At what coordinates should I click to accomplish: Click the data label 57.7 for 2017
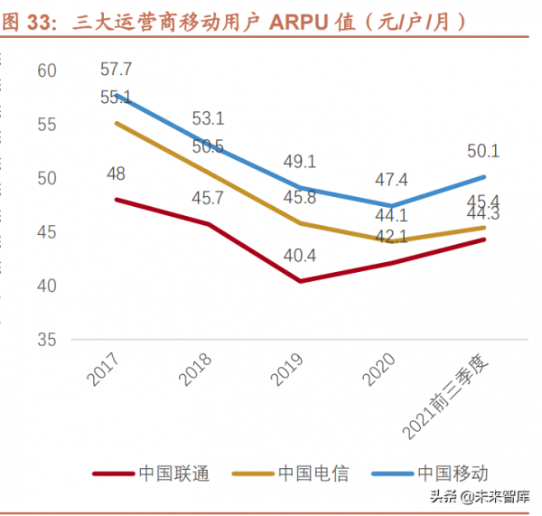click(116, 69)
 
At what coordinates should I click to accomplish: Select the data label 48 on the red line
click(116, 174)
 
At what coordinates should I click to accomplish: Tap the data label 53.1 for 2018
click(208, 118)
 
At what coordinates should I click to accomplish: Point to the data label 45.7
click(208, 195)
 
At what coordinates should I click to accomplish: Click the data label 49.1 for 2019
click(300, 161)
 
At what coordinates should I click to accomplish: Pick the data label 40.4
click(300, 256)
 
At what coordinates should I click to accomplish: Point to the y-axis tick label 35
click(47, 340)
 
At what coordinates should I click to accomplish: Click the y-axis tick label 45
click(47, 232)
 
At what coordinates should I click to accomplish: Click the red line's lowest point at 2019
click(300, 281)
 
